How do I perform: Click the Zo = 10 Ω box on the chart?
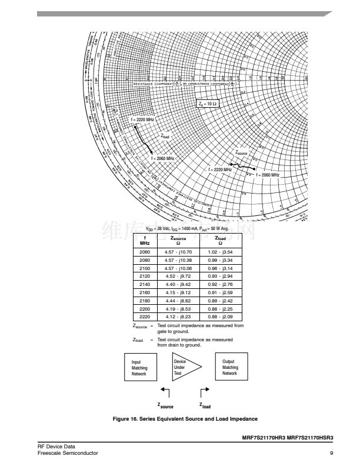point(208,104)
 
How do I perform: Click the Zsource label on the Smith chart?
point(242,152)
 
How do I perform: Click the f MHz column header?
point(145,241)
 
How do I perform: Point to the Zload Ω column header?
point(225,241)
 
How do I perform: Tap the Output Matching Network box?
point(230,368)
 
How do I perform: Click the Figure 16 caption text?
point(185,418)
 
